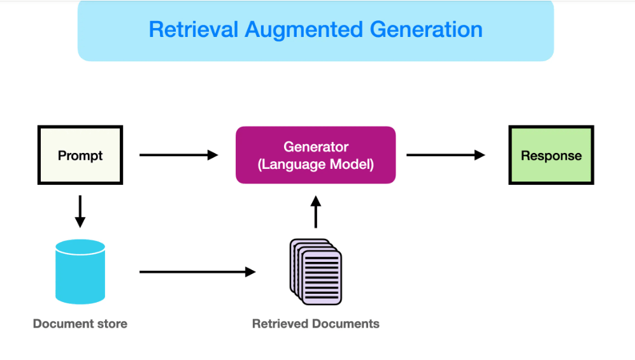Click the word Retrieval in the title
192,30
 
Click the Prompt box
80,155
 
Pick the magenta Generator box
315,155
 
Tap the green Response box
551,155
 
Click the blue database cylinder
80,273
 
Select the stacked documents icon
317,271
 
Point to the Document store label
80,324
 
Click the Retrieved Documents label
316,324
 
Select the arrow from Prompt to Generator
179,155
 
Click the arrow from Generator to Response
446,155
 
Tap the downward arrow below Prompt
80,212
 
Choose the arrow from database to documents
197,272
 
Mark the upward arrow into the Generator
316,212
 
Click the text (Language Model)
316,164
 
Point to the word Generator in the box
316,147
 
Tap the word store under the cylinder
112,324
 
